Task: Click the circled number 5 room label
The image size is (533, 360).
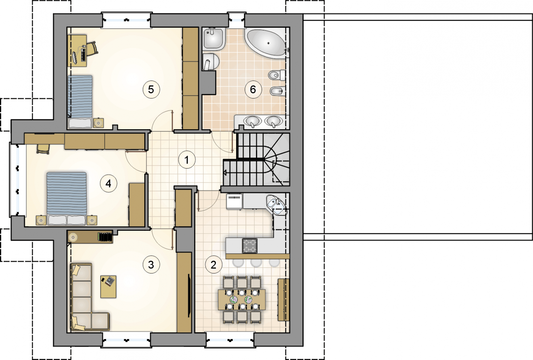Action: [151, 90]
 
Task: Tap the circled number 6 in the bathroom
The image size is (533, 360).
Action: [253, 90]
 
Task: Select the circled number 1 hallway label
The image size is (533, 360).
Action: [187, 160]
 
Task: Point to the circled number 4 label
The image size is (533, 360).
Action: [109, 183]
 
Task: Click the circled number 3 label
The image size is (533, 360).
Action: [151, 264]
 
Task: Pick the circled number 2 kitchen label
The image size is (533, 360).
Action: [214, 264]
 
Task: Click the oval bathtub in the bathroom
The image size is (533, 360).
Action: [266, 43]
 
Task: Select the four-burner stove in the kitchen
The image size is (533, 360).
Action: [250, 245]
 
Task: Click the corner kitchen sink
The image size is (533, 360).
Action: [276, 204]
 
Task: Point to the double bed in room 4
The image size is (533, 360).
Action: [67, 198]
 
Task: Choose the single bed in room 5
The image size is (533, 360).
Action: [80, 102]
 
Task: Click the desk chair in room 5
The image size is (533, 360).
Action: [92, 49]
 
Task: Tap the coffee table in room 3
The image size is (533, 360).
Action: [108, 287]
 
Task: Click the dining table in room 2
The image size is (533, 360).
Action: [242, 300]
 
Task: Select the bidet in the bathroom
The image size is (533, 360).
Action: [278, 91]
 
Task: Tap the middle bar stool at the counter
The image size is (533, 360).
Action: [256, 262]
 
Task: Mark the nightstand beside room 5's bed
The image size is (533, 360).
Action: [98, 123]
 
